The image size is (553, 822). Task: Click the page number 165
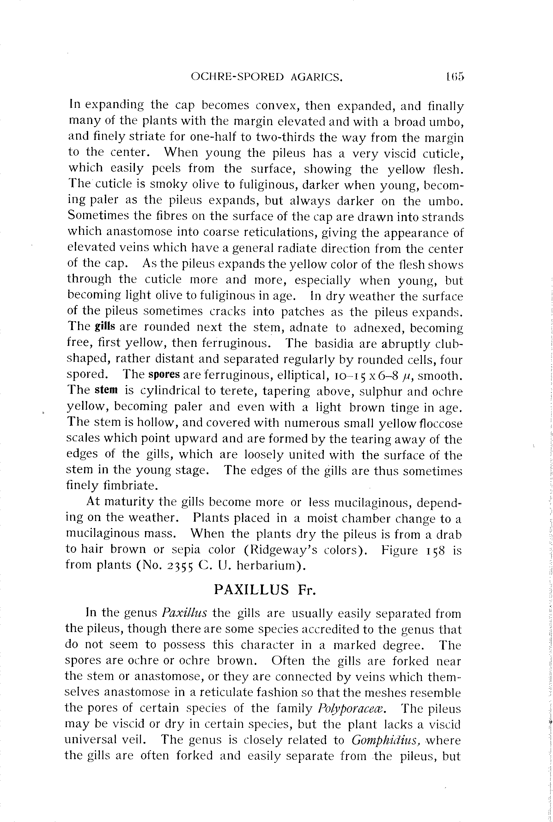tap(455, 77)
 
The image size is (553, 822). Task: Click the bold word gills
tap(105, 327)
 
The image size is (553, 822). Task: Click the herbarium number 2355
tap(179, 566)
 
